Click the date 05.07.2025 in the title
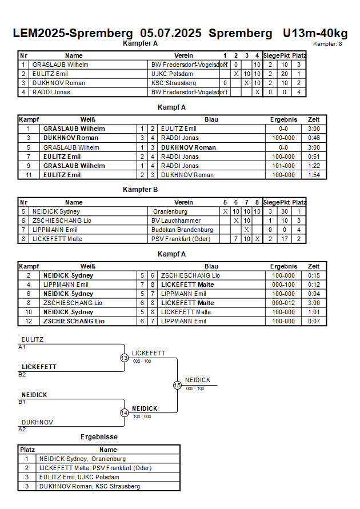tap(171, 33)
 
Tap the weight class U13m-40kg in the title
tap(315, 33)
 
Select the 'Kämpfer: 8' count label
tap(327, 44)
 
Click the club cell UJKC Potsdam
tap(172, 74)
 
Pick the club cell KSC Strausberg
tap(174, 83)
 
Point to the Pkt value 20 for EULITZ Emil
tap(285, 74)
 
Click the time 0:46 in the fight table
tap(314, 138)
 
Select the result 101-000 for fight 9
tap(283, 166)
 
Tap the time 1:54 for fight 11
tap(314, 175)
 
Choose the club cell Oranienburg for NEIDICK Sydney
tap(170, 211)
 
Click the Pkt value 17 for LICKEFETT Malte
tap(285, 239)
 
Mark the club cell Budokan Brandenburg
tap(182, 230)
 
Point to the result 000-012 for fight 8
tap(283, 303)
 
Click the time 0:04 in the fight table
tap(314, 294)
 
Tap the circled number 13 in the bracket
tap(125, 358)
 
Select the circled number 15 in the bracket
tap(177, 386)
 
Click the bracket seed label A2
tap(22, 430)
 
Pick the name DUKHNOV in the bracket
tap(37, 422)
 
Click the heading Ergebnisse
tap(99, 437)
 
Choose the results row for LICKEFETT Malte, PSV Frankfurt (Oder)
tap(99, 468)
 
